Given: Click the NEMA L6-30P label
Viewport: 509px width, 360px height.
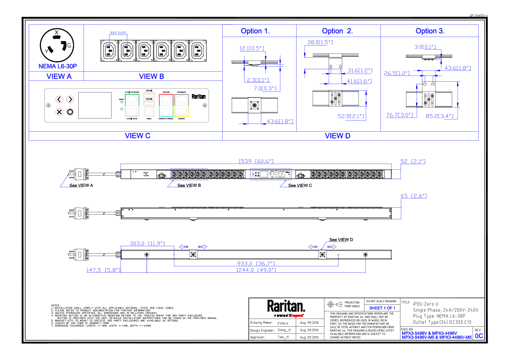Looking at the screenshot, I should coord(58,66).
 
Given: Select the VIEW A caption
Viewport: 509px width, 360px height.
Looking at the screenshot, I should coord(59,77).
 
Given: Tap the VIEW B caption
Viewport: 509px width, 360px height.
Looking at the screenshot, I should coord(152,77).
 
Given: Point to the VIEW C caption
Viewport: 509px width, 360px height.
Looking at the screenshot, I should coord(138,136).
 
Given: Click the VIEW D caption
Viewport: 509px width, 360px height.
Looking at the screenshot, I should coord(338,136).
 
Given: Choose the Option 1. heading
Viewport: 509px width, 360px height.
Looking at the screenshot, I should coord(255,31).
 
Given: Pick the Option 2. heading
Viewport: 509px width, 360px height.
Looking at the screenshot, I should coord(337,31).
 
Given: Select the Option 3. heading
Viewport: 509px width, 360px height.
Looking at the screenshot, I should coord(430,31).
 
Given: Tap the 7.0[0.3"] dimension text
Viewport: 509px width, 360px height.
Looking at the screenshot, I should coord(265,89).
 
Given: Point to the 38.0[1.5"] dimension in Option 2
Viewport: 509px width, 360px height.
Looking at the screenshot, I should coord(320,42).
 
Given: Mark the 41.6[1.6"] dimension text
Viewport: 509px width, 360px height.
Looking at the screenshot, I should coord(359,81).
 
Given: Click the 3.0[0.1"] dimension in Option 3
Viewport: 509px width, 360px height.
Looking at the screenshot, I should coord(425,47).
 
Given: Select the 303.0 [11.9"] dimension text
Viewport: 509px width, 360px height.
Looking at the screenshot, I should coord(147,244).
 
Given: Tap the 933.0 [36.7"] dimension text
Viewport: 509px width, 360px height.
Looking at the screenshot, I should coord(256,264).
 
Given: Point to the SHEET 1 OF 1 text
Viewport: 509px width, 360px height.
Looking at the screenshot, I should coord(382,308).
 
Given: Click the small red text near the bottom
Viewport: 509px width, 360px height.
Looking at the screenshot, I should coord(297,316).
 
